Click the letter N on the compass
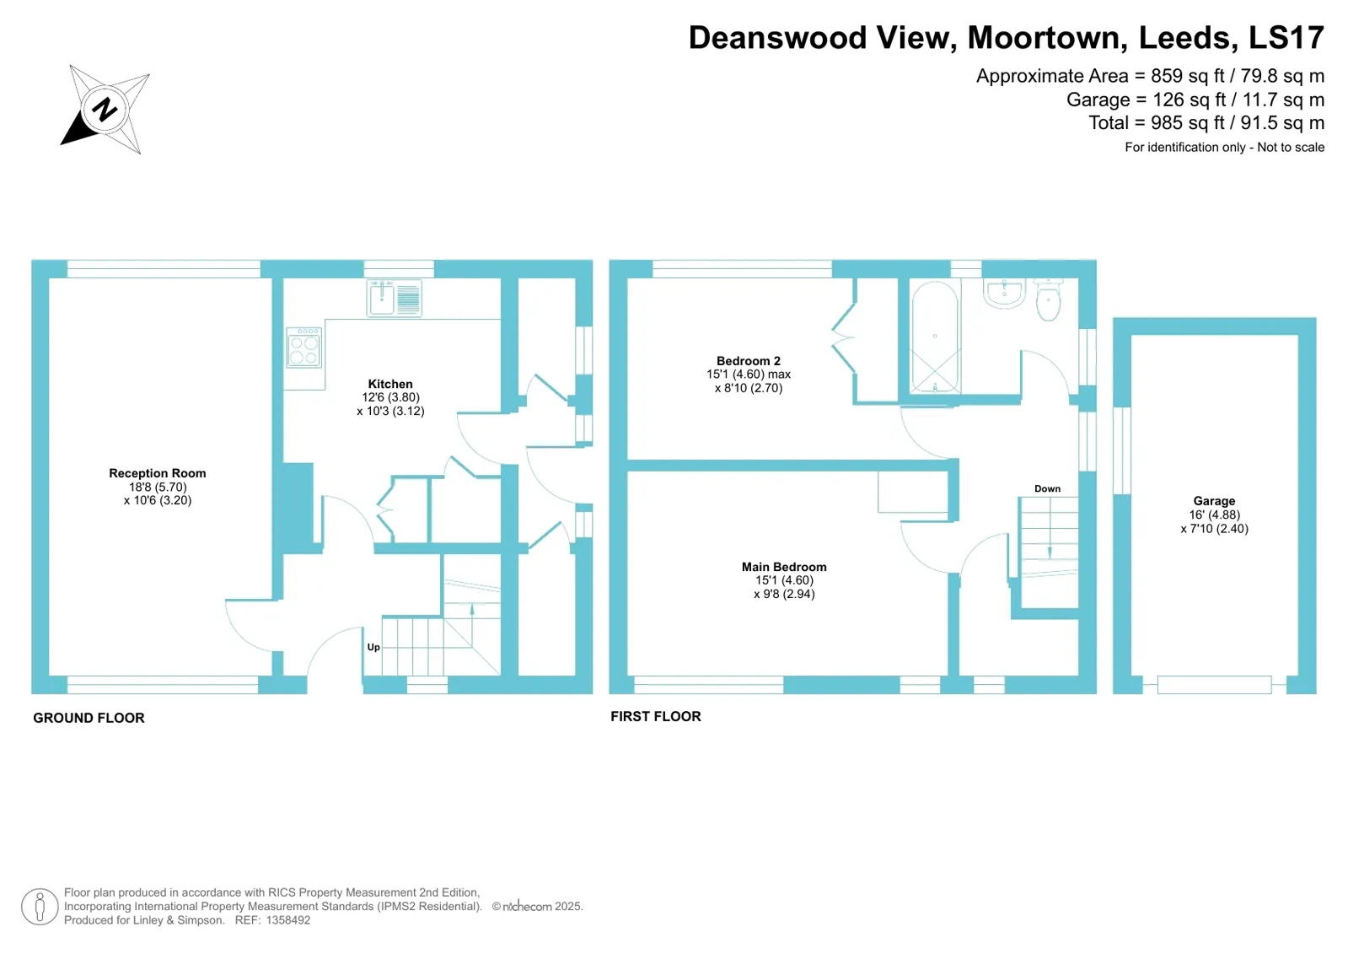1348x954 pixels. coord(105,110)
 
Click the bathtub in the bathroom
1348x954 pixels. coord(935,337)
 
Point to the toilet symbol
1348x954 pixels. coord(1048,301)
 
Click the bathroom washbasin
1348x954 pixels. coord(1004,294)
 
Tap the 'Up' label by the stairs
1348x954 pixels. coord(373,647)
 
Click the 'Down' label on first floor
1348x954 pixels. coord(1047,488)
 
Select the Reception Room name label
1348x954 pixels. coord(158,473)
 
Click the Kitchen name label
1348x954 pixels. coord(390,384)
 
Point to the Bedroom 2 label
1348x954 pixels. coord(749,361)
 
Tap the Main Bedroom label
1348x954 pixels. coord(784,567)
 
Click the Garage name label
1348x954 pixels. coord(1214,501)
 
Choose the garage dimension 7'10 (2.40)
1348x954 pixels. coord(1214,529)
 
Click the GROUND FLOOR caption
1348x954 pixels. coord(89,718)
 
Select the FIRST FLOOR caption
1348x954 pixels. coord(656,716)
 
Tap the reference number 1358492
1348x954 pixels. coord(288,920)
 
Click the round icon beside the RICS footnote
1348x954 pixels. coord(39,907)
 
